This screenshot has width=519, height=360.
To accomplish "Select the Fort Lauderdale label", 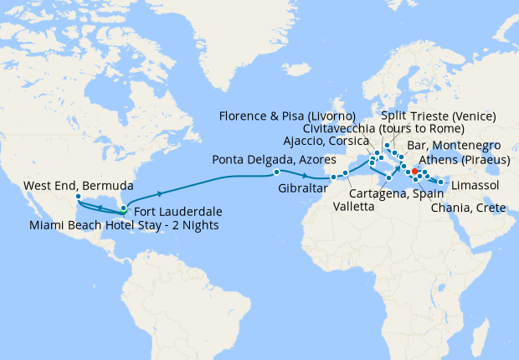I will [176, 210].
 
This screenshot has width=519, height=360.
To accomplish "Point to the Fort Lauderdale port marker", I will [124, 208].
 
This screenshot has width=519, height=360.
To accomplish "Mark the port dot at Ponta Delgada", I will [276, 172].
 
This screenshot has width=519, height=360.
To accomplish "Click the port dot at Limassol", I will [441, 181].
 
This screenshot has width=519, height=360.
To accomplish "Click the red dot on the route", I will [414, 172].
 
